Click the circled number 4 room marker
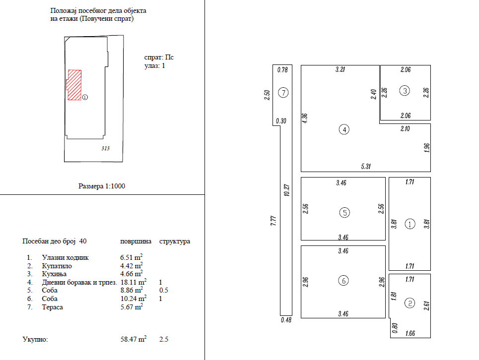(x=344, y=130)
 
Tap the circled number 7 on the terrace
(x=283, y=92)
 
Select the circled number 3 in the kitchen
(x=406, y=91)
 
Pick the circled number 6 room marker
(x=344, y=281)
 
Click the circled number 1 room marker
(x=410, y=224)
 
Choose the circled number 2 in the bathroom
(x=410, y=303)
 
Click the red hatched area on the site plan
(x=74, y=85)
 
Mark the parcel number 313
(x=105, y=148)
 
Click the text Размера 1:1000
(x=103, y=186)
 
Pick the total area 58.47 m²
(x=133, y=340)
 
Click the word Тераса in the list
(x=53, y=307)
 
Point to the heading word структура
(x=174, y=241)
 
